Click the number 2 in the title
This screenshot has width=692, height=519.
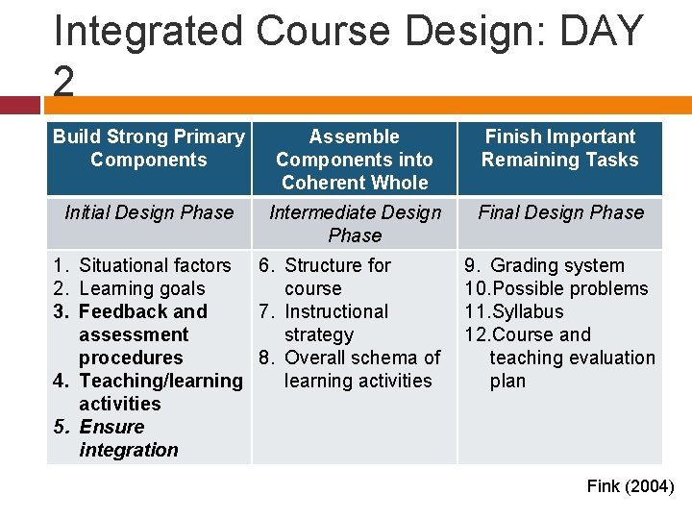tap(63, 83)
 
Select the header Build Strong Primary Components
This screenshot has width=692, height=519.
tap(149, 148)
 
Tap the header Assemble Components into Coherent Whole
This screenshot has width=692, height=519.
tap(354, 160)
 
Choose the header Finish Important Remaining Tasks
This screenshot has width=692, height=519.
tap(559, 148)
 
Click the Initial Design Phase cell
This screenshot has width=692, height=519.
tap(149, 212)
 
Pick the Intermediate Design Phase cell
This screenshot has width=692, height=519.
tap(354, 223)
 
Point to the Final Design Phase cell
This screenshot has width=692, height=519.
tap(560, 212)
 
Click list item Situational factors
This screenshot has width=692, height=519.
tap(154, 265)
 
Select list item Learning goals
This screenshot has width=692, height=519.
tap(141, 288)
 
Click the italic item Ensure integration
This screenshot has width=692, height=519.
tap(120, 438)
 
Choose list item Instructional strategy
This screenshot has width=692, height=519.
tap(335, 323)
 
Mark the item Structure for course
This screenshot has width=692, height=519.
tap(336, 277)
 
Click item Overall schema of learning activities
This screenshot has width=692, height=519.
tap(360, 369)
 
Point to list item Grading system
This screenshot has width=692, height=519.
tap(556, 265)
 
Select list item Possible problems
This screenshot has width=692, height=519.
tap(568, 288)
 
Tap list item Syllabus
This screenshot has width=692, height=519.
tap(527, 311)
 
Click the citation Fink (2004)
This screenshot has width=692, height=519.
tap(630, 486)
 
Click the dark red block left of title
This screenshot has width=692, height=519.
tap(20, 104)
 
